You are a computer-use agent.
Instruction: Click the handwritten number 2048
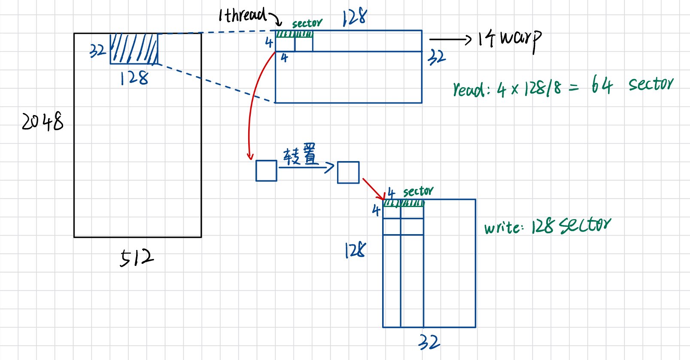(x=43, y=122)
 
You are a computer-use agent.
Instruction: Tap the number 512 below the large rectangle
(x=136, y=258)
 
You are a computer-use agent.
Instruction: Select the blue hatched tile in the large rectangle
(x=134, y=49)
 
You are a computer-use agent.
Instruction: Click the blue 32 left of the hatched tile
(x=97, y=51)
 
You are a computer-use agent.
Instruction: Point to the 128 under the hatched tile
(x=134, y=78)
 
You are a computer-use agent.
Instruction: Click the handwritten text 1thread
(x=243, y=15)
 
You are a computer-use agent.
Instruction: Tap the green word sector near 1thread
(x=307, y=23)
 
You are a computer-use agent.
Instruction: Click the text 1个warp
(x=510, y=40)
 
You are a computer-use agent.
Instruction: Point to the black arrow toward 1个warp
(x=450, y=40)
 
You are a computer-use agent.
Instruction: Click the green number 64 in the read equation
(x=602, y=85)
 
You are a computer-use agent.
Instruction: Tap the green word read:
(x=471, y=89)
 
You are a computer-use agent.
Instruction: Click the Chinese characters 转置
(x=300, y=155)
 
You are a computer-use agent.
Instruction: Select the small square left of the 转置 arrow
(x=266, y=171)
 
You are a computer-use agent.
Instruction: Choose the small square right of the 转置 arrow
(x=348, y=172)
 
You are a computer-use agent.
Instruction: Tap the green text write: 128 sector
(x=547, y=226)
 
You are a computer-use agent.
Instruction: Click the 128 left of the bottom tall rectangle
(x=355, y=250)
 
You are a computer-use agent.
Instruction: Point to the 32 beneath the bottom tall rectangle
(x=429, y=342)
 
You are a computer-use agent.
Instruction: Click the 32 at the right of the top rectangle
(x=437, y=57)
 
